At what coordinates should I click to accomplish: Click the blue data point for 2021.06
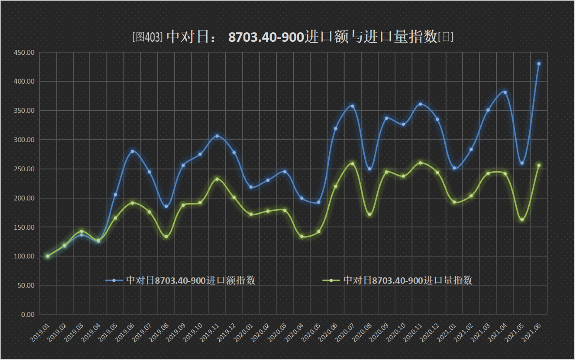[x=539, y=64]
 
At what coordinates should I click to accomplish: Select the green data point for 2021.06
[x=539, y=165]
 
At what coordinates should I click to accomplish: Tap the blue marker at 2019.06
[x=132, y=151]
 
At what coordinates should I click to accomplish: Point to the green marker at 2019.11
[x=217, y=179]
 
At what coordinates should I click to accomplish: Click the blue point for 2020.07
[x=352, y=107]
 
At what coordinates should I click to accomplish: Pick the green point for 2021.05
[x=522, y=220]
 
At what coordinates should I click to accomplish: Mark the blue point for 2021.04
[x=505, y=93]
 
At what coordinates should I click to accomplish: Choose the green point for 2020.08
[x=369, y=214]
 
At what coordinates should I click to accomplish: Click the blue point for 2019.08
[x=166, y=207]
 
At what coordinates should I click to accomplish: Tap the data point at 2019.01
[x=48, y=256]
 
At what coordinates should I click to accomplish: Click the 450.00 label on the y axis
[x=24, y=53]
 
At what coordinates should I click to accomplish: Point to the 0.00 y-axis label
[x=27, y=315]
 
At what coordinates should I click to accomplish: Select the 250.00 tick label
[x=24, y=169]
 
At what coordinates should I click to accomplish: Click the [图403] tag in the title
[x=147, y=37]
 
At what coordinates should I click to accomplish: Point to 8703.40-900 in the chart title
[x=265, y=37]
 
